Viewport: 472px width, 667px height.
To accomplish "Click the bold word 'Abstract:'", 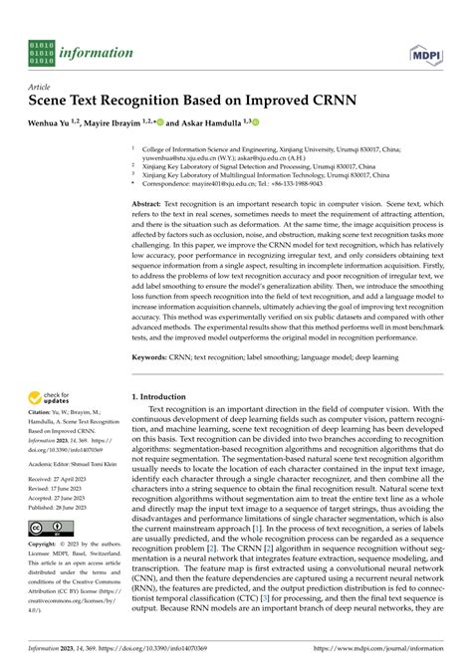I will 151,202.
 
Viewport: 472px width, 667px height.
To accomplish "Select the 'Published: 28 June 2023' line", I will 60,506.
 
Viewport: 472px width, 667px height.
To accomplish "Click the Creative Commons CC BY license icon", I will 46,528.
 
